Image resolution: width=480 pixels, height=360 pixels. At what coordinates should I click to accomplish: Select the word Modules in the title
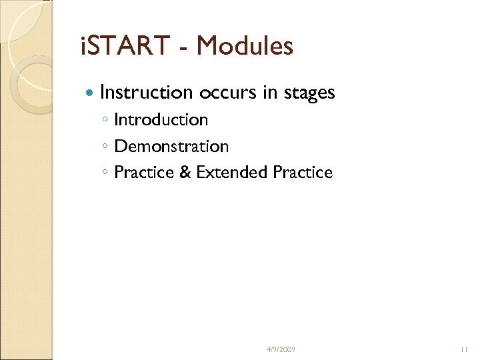(245, 47)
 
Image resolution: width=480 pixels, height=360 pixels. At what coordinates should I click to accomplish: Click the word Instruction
(146, 93)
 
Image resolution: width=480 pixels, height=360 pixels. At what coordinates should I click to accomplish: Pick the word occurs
(228, 93)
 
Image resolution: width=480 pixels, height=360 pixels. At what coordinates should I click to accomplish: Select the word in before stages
(270, 93)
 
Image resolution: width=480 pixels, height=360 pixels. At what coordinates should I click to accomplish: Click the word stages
(308, 93)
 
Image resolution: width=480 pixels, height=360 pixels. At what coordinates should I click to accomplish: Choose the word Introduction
(161, 120)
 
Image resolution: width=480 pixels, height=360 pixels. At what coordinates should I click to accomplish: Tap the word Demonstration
(171, 146)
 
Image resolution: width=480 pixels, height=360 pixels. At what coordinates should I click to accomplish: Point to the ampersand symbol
(185, 173)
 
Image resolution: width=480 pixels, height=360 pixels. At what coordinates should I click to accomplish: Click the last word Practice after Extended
(303, 173)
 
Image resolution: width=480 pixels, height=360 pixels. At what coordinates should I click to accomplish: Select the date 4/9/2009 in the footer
(281, 349)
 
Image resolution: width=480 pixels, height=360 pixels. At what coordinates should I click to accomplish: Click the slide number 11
(465, 349)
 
